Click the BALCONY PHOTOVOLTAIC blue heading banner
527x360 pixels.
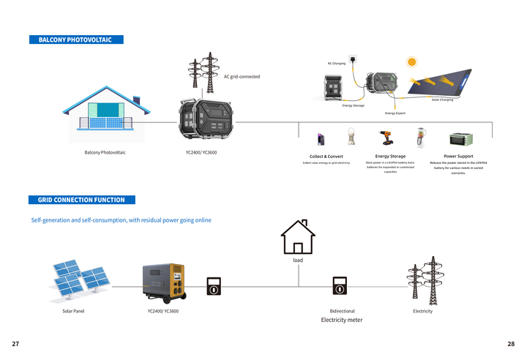point(75,40)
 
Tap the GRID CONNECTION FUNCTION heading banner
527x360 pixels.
point(81,200)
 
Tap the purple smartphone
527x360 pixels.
point(321,139)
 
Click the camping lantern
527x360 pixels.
point(351,138)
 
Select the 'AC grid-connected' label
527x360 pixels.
point(242,77)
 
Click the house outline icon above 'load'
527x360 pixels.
point(298,237)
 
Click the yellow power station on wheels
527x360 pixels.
point(163,282)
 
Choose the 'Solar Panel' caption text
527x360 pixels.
point(73,311)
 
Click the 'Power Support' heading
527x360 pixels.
point(458,156)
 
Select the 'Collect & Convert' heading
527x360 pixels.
point(326,157)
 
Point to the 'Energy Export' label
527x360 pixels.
point(395,113)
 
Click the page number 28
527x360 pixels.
point(511,343)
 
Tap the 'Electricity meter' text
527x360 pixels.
point(342,320)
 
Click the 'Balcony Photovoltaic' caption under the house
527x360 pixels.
point(105,152)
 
